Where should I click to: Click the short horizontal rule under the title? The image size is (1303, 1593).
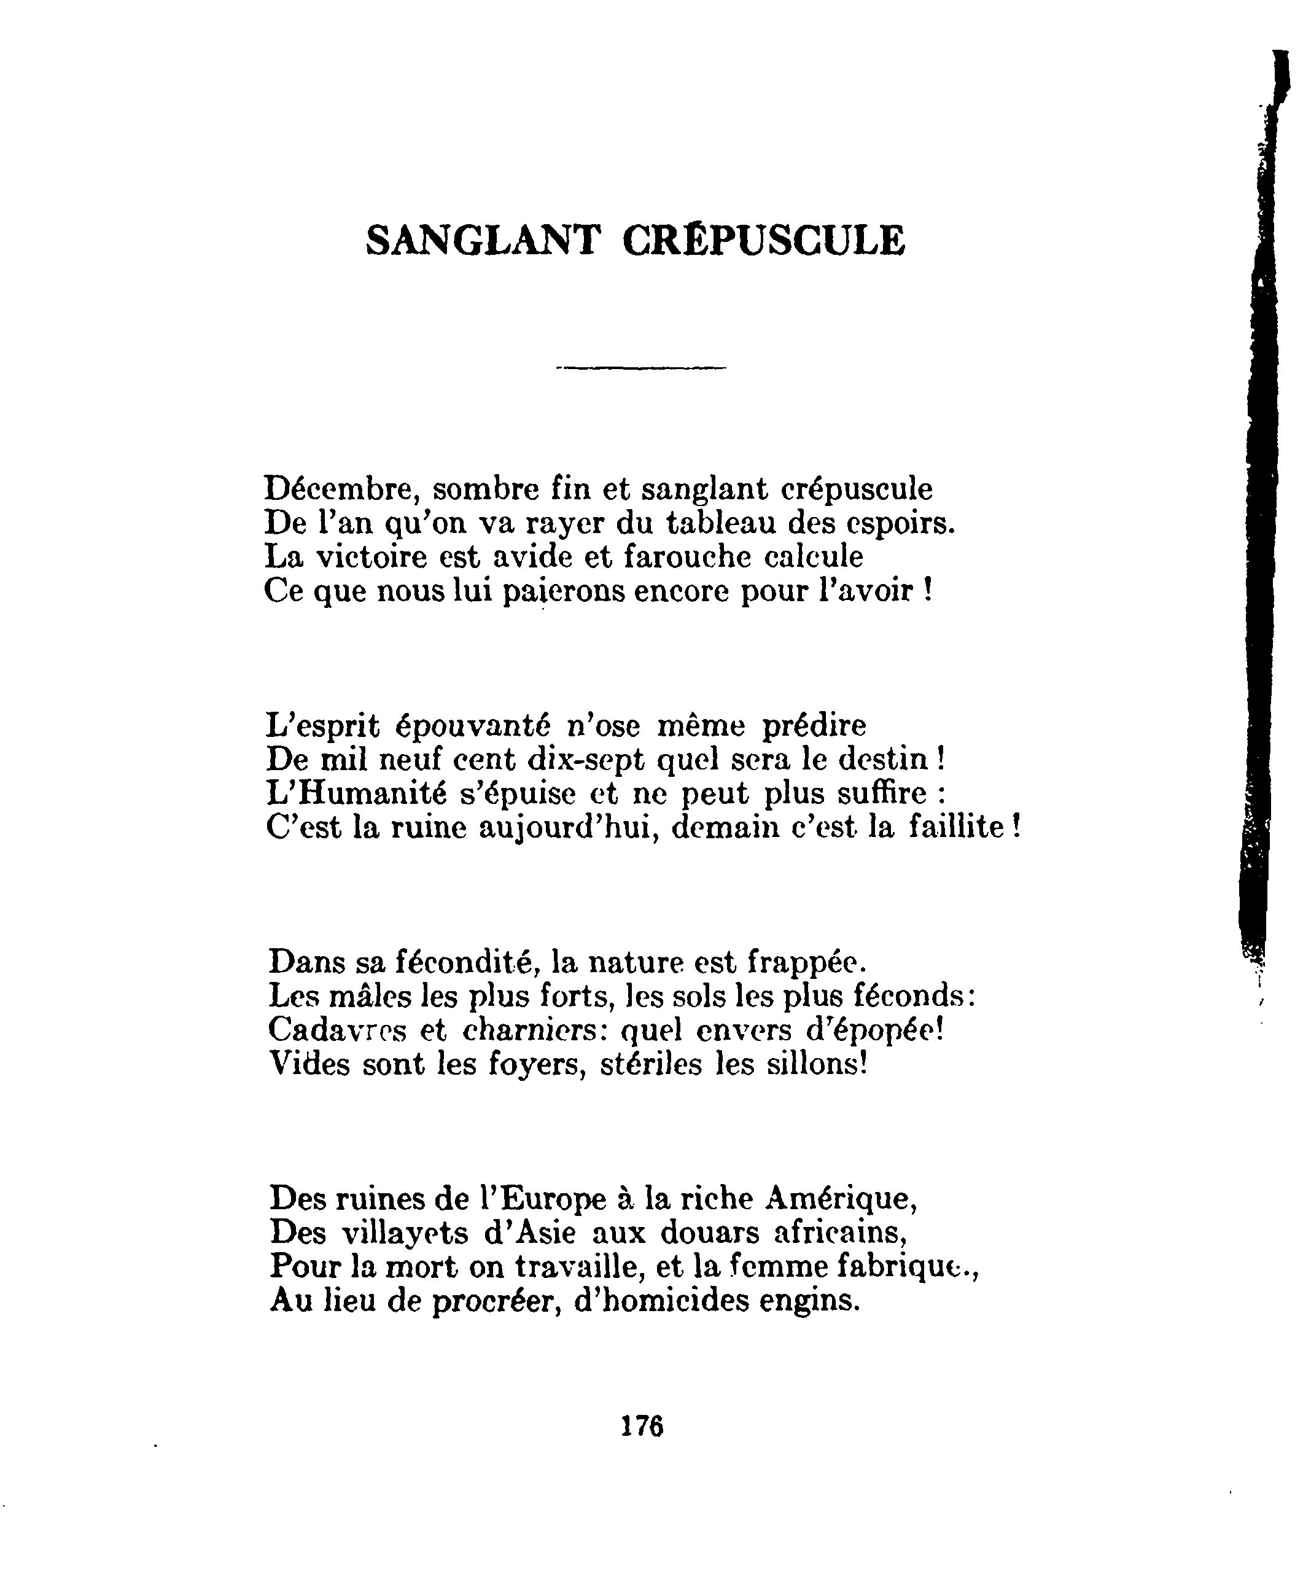(641, 368)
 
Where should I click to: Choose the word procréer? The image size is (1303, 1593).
(496, 1300)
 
